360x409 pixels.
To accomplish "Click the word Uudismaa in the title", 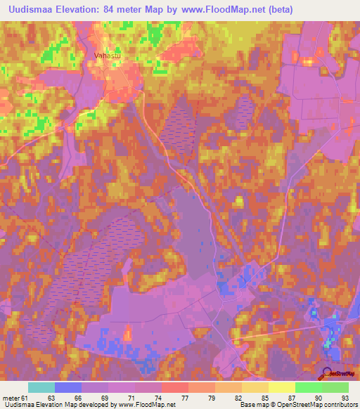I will point(32,9).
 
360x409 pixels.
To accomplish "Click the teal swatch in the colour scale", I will point(41,387).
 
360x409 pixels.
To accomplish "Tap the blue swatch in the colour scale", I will point(68,387).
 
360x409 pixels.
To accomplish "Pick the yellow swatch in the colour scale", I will point(281,387).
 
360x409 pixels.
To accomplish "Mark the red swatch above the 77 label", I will point(174,387).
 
